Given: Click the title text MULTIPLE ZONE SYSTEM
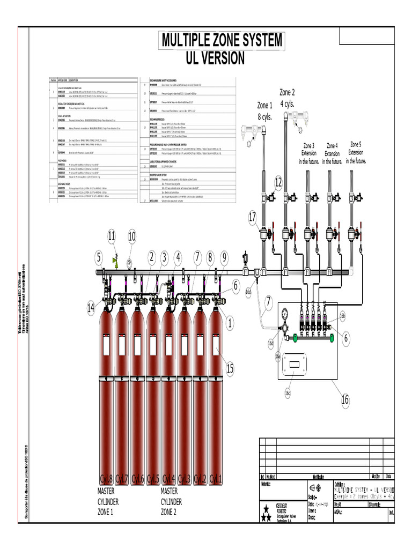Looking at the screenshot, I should (x=221, y=41).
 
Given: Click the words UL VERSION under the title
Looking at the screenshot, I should (x=215, y=58).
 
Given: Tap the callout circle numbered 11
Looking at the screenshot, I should (x=112, y=235).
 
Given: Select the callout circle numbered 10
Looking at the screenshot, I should (x=131, y=235).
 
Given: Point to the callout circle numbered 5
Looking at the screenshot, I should (x=99, y=257).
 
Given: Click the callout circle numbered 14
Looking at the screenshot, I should (x=91, y=307).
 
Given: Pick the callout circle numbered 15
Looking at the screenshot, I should (x=230, y=368).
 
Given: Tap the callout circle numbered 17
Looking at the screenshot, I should (x=253, y=217).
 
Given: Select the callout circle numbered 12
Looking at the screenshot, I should (x=278, y=182).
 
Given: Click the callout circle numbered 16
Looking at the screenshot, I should (x=345, y=399).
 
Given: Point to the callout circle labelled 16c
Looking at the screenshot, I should (x=288, y=393).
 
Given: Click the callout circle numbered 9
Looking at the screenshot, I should (x=224, y=257).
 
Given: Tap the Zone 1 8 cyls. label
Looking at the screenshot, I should (x=265, y=110).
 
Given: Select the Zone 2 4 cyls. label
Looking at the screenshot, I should (x=288, y=98).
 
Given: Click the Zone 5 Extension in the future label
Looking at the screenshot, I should (x=356, y=152).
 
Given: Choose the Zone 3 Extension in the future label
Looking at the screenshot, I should (x=309, y=153).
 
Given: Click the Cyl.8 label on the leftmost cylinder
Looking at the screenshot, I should (x=106, y=478).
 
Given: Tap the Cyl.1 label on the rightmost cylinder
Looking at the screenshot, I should (x=215, y=478).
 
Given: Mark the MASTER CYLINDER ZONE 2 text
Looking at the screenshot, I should (x=171, y=502).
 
